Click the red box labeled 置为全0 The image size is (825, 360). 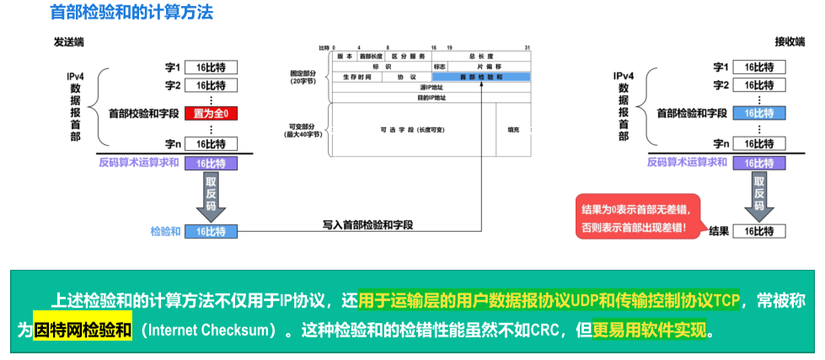point(211,113)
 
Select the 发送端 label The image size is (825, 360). point(68,41)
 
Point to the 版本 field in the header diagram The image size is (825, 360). point(345,56)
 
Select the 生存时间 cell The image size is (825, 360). point(357,77)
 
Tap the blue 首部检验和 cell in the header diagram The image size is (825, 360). point(481,77)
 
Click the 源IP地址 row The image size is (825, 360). point(432,87)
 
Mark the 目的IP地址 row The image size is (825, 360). point(432,97)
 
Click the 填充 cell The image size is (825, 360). point(513,130)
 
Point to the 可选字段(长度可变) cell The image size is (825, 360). point(412,130)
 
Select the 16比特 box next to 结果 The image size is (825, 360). point(758,230)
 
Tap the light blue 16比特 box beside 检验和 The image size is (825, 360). point(211,230)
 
